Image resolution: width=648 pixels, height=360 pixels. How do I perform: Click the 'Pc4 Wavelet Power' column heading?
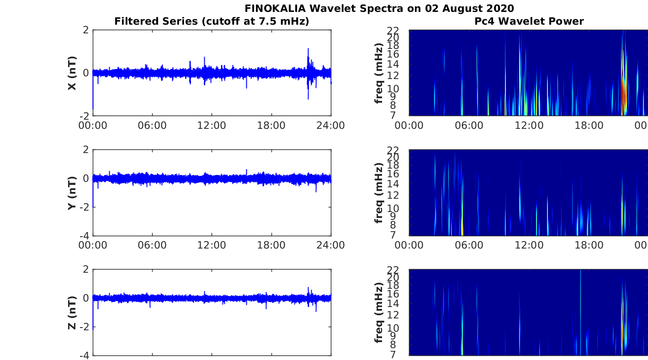(x=529, y=21)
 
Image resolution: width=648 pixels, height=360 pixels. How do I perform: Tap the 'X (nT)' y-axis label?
(x=72, y=73)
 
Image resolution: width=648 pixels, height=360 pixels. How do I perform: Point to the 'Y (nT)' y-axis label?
(x=72, y=193)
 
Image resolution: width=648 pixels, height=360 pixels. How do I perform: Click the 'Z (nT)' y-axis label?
(x=72, y=312)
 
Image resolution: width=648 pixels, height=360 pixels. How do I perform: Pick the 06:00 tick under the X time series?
(x=152, y=125)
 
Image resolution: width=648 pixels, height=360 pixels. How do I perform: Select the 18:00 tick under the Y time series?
(x=271, y=245)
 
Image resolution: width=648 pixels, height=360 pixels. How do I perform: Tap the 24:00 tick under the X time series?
(x=331, y=125)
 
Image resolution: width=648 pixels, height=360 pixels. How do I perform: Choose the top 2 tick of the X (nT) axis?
(x=85, y=30)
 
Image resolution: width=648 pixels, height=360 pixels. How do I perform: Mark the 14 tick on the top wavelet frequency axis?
(x=401, y=64)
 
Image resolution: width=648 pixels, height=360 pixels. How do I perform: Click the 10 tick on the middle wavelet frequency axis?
(x=401, y=208)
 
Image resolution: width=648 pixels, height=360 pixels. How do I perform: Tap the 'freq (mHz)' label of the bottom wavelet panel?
(x=378, y=312)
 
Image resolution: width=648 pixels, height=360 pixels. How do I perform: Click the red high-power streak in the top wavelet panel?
(x=625, y=94)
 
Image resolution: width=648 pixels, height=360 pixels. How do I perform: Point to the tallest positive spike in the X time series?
(x=308, y=49)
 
